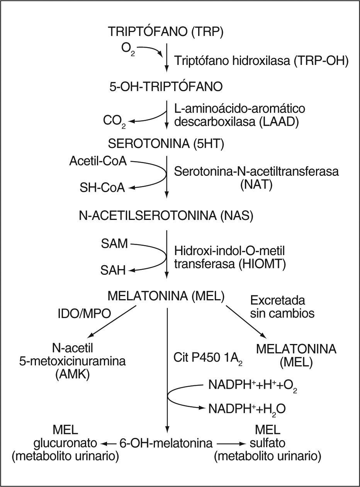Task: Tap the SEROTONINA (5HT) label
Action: (166, 144)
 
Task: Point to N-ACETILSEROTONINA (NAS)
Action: (166, 216)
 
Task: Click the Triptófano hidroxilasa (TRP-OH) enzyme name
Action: (262, 61)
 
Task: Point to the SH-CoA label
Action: (103, 188)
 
